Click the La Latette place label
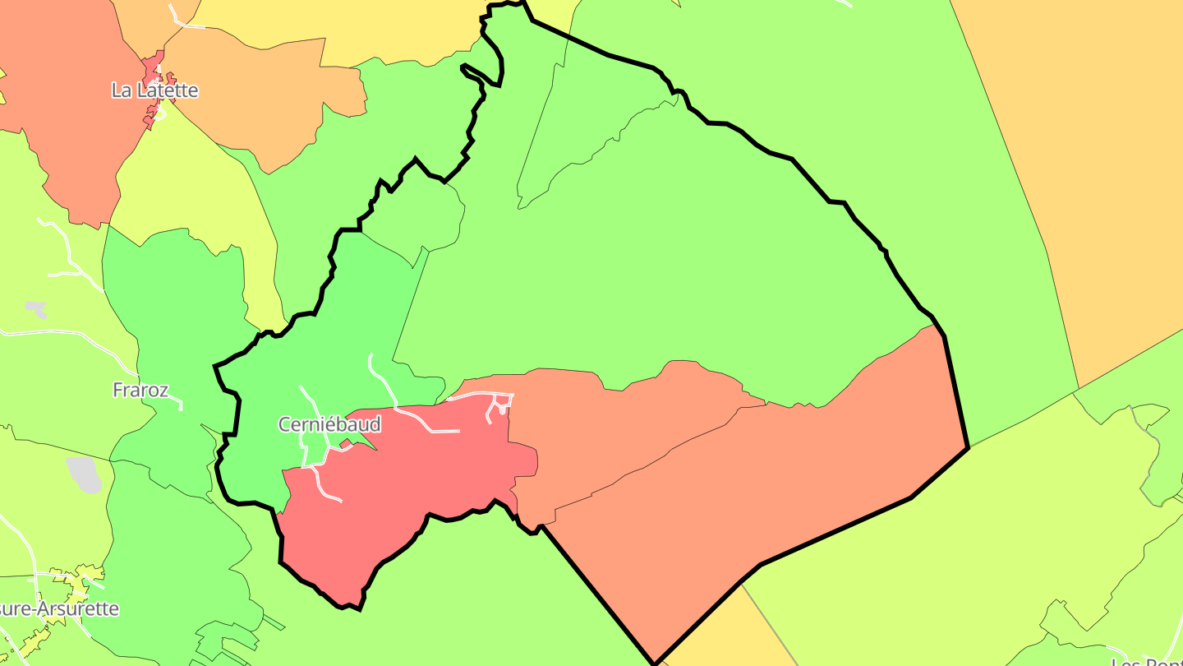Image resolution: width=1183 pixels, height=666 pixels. (154, 90)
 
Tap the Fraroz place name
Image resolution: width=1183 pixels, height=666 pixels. (140, 390)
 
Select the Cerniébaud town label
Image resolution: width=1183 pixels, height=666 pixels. (329, 424)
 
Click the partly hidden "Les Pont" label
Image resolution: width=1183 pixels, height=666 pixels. (1147, 661)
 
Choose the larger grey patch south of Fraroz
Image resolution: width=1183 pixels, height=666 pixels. (83, 474)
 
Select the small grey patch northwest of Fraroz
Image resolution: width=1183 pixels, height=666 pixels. (35, 309)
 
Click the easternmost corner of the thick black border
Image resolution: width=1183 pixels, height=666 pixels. (969, 447)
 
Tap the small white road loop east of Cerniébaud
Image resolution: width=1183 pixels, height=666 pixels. (499, 404)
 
